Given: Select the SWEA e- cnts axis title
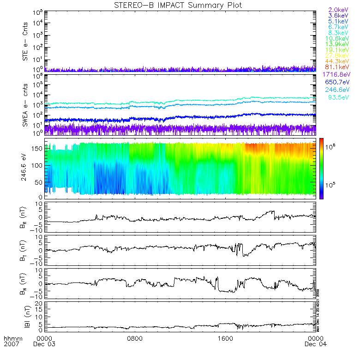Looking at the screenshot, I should [26, 105].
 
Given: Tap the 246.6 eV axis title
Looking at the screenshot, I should [26, 168].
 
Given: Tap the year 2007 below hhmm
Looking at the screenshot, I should [11, 344].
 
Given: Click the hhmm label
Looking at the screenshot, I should [11, 338].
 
